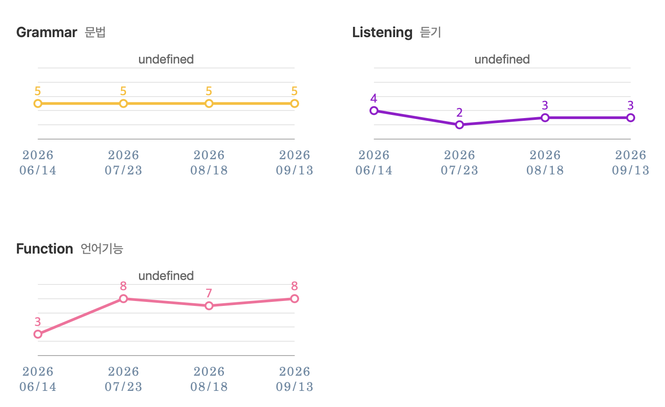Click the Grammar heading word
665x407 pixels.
point(46,32)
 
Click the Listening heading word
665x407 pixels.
point(383,33)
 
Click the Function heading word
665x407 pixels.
point(45,249)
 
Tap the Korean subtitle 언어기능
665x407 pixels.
point(102,249)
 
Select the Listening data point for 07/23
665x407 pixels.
point(459,125)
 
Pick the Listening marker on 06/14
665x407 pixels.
point(374,110)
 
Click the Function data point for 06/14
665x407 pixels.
point(38,334)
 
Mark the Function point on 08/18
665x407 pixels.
point(209,305)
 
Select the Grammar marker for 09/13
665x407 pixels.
point(295,103)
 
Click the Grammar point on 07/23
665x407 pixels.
point(123,103)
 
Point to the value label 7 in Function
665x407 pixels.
point(209,293)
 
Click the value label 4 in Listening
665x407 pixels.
point(374,98)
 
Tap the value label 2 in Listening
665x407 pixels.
point(459,113)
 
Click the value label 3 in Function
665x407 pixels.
point(38,322)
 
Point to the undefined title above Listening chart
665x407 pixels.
point(502,59)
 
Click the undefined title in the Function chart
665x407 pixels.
point(166,276)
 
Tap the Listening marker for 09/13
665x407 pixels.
point(631,118)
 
